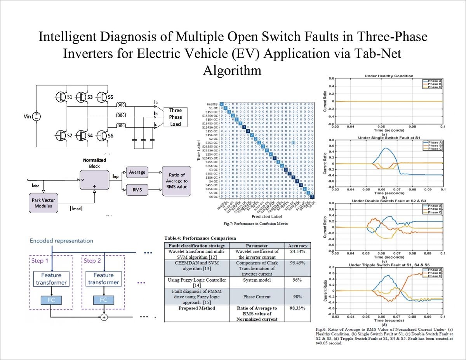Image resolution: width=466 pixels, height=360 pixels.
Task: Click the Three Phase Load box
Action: pyautogui.click(x=176, y=117)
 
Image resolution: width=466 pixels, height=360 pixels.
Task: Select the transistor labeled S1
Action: pyautogui.click(x=61, y=97)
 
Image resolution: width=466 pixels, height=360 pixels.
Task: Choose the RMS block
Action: pyautogui.click(x=137, y=190)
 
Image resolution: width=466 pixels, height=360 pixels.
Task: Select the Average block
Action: pyautogui.click(x=137, y=172)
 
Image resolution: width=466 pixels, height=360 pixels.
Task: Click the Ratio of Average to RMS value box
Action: pyautogui.click(x=176, y=181)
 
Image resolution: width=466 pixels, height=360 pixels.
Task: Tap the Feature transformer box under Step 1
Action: pyautogui.click(x=51, y=279)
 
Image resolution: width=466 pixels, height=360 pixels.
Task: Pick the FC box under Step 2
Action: pyautogui.click(x=103, y=300)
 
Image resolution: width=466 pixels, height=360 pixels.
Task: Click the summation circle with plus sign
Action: pyautogui.click(x=104, y=318)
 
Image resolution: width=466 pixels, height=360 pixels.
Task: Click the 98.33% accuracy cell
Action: pyautogui.click(x=297, y=308)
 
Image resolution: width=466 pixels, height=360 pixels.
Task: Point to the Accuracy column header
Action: pyautogui.click(x=297, y=245)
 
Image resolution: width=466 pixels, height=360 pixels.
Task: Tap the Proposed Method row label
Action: pyautogui.click(x=197, y=308)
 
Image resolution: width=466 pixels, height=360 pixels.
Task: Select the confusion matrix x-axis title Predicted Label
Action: pyautogui.click(x=267, y=216)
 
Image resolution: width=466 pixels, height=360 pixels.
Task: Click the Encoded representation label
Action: pyautogui.click(x=61, y=241)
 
